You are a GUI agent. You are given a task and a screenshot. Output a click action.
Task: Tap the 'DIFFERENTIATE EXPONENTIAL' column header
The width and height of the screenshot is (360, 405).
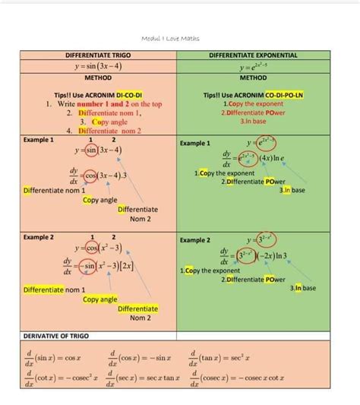point(253,55)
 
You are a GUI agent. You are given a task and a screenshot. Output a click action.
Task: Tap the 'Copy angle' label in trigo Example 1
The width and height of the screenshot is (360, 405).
point(99,200)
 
